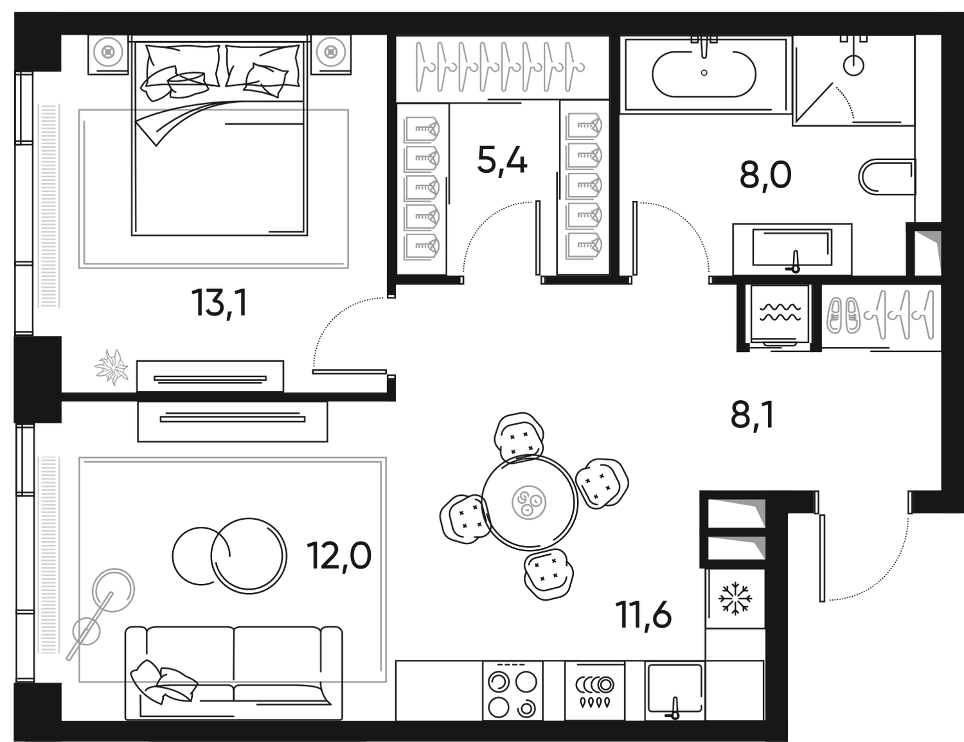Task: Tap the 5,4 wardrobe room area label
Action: pyautogui.click(x=502, y=161)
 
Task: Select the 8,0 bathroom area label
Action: pyautogui.click(x=765, y=175)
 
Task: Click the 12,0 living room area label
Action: pyautogui.click(x=341, y=555)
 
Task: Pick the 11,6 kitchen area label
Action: pyautogui.click(x=646, y=615)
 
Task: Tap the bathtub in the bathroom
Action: pyautogui.click(x=704, y=74)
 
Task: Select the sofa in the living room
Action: pyautogui.click(x=235, y=668)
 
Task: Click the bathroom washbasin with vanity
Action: pyautogui.click(x=793, y=247)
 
